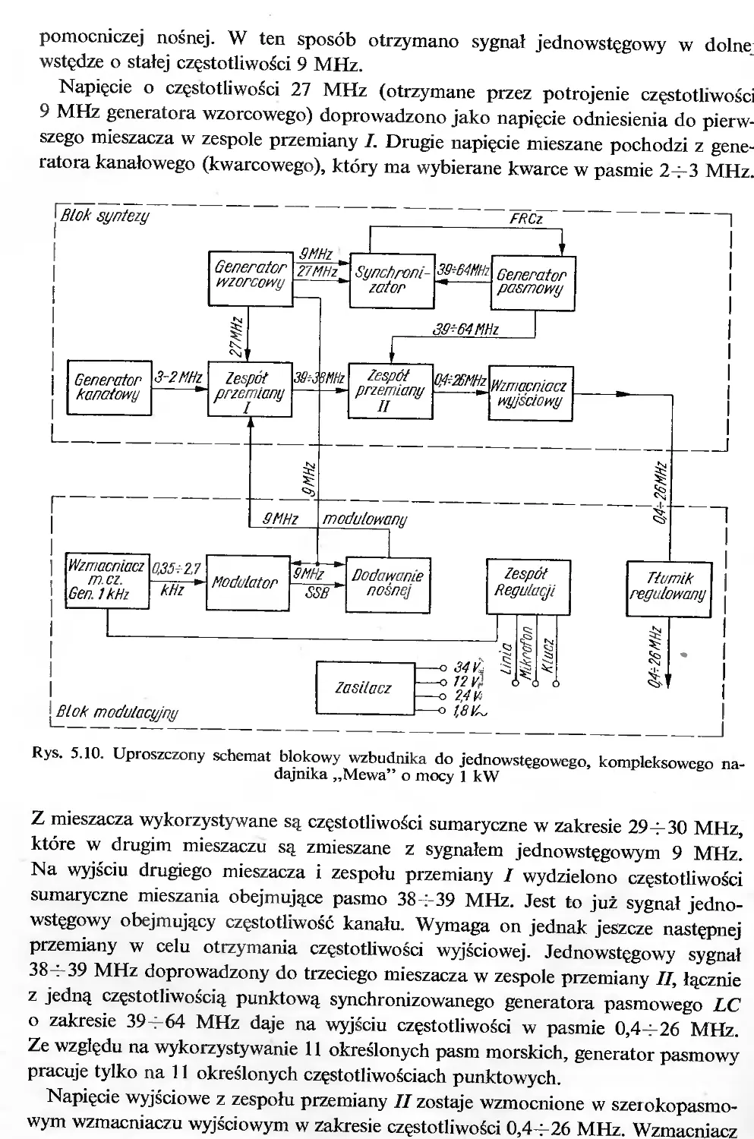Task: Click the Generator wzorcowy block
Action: pos(251,279)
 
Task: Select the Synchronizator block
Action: pos(392,281)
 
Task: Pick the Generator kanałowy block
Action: pos(109,387)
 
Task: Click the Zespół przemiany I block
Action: pos(250,390)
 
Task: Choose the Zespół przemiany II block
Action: pos(390,391)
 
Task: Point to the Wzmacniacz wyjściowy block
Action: pos(531,393)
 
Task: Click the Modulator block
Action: pos(248,582)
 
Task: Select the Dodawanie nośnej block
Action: pos(389,585)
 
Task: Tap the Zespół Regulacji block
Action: pos(528,587)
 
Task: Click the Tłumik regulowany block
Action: pos(669,588)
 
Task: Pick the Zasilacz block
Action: pos(365,688)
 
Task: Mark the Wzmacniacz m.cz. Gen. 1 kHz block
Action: pos(108,581)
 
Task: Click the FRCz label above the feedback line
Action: pos(526,219)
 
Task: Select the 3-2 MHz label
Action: pos(178,377)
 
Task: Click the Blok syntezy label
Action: pos(105,216)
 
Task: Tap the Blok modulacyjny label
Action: pos(118,711)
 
